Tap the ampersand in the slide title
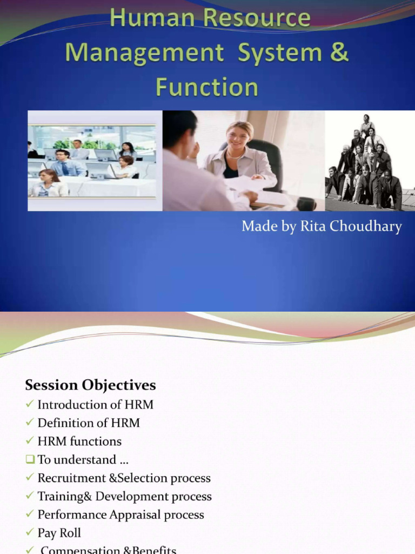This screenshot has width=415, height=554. point(339,53)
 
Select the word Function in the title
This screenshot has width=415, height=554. point(207,87)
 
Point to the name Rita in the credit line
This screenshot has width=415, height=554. point(308,226)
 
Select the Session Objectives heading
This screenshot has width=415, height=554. point(90,385)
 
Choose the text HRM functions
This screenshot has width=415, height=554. point(79,441)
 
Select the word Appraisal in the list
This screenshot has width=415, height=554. point(136,515)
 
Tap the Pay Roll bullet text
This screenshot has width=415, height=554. point(59,533)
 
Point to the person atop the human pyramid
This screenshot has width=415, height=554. point(367,120)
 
